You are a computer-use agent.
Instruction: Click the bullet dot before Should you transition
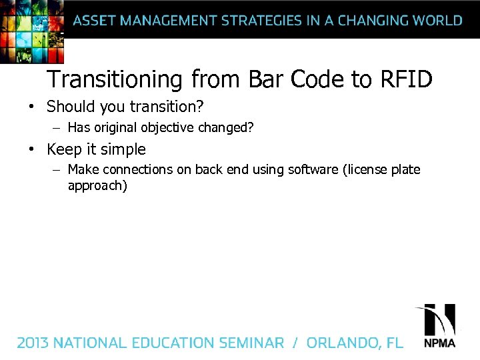[31, 107]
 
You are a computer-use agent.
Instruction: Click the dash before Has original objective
[57, 128]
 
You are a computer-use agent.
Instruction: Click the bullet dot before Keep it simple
[31, 149]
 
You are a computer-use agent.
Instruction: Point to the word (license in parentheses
[367, 169]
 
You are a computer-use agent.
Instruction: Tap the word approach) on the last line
[97, 185]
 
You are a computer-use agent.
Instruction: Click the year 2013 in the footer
[33, 343]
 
